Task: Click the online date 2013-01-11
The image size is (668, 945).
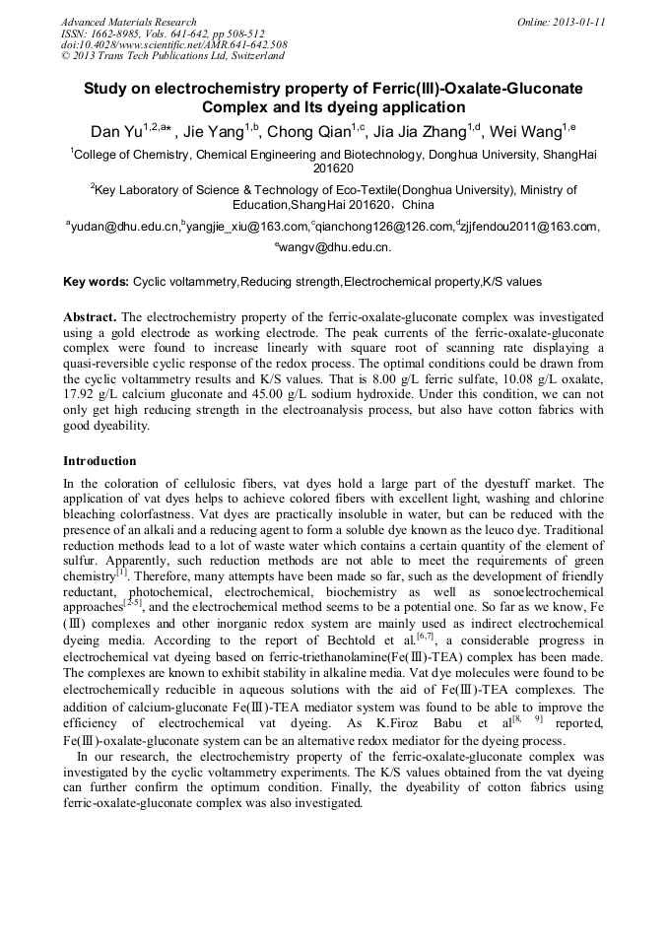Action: pyautogui.click(x=575, y=22)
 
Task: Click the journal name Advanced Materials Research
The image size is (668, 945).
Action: pyautogui.click(x=128, y=22)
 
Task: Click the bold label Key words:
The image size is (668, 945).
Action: pyautogui.click(x=96, y=282)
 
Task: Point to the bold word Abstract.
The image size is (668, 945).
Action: pyautogui.click(x=90, y=317)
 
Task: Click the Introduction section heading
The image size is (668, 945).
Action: pyautogui.click(x=100, y=461)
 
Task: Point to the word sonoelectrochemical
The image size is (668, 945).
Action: pyautogui.click(x=541, y=594)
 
